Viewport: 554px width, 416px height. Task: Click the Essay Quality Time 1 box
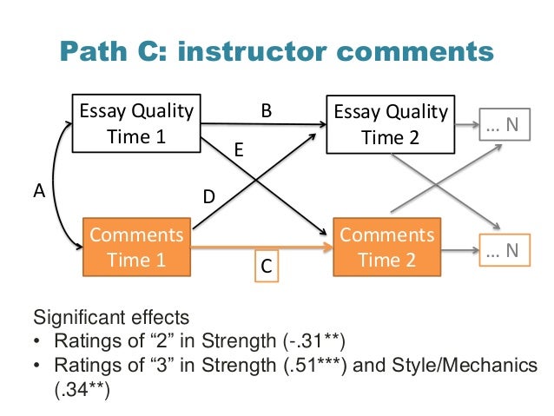point(135,124)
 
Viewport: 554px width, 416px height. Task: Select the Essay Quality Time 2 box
point(391,124)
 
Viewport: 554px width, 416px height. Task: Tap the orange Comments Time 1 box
point(135,247)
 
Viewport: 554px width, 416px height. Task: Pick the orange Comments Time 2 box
point(387,247)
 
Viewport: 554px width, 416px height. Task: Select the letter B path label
point(267,111)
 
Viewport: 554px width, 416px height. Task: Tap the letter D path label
point(209,198)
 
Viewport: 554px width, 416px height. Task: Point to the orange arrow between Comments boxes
point(261,247)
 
